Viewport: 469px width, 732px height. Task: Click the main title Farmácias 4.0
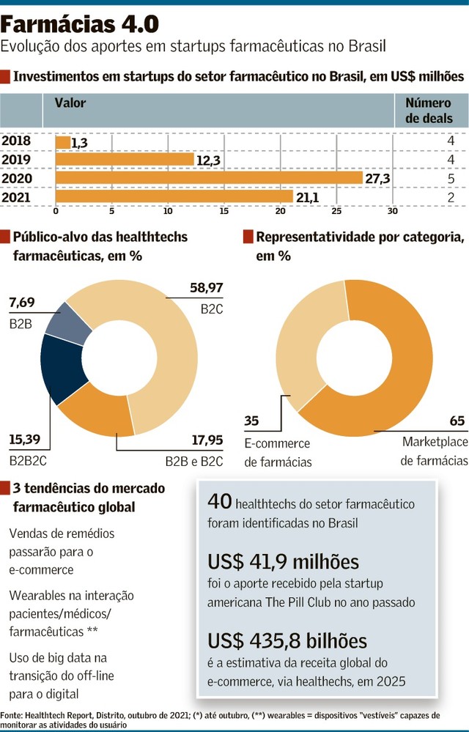pos(80,24)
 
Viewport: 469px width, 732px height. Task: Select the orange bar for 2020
pos(209,178)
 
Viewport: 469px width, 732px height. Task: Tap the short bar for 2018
pos(63,142)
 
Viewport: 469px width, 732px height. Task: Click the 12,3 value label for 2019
pos(208,160)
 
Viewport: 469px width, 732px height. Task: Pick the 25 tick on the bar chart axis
pos(336,212)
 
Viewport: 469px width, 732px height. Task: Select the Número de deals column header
pos(428,111)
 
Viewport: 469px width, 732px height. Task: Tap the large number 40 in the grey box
pos(220,502)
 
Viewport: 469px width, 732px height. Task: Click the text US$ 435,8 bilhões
pos(287,641)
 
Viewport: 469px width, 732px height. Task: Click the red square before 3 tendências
pos(5,488)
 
